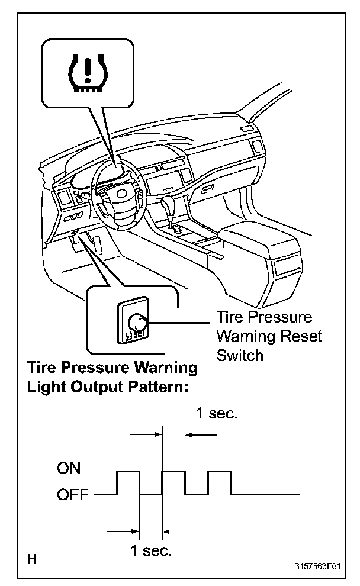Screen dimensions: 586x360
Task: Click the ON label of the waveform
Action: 69,469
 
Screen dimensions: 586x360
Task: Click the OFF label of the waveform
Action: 73,494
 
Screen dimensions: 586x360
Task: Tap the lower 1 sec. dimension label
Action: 151,551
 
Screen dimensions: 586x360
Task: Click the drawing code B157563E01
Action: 319,566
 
